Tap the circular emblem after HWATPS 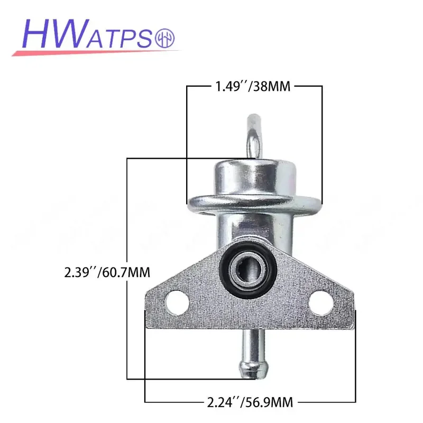(165, 38)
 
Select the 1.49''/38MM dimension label (253, 87)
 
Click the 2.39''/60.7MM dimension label (107, 272)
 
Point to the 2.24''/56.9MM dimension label (250, 402)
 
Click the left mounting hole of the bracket (177, 302)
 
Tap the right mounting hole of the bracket (321, 302)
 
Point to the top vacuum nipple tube (254, 137)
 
